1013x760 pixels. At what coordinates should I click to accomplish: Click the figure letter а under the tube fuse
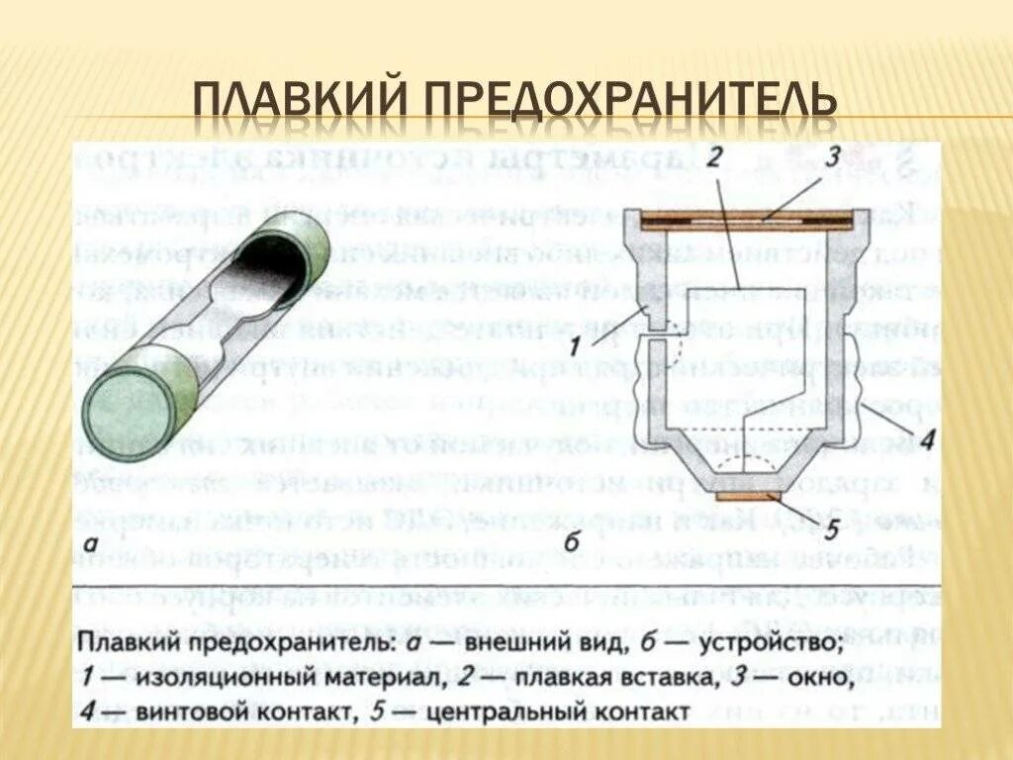[x=90, y=542]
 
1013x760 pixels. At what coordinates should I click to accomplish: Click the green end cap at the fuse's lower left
[x=130, y=405]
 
